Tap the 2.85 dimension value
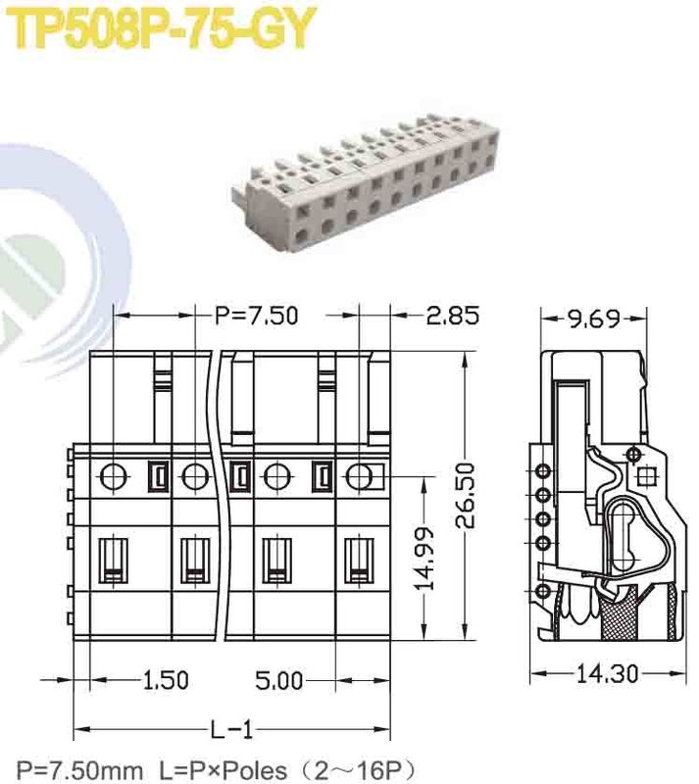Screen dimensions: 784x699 [452, 316]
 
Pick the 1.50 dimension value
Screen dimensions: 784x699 [165, 679]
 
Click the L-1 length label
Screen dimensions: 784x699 [232, 729]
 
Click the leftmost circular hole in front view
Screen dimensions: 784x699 [114, 477]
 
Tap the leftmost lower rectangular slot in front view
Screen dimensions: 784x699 [115, 563]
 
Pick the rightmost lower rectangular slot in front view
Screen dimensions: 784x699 [359, 563]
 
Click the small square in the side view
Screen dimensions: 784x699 [646, 478]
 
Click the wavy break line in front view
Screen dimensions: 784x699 [223, 490]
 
